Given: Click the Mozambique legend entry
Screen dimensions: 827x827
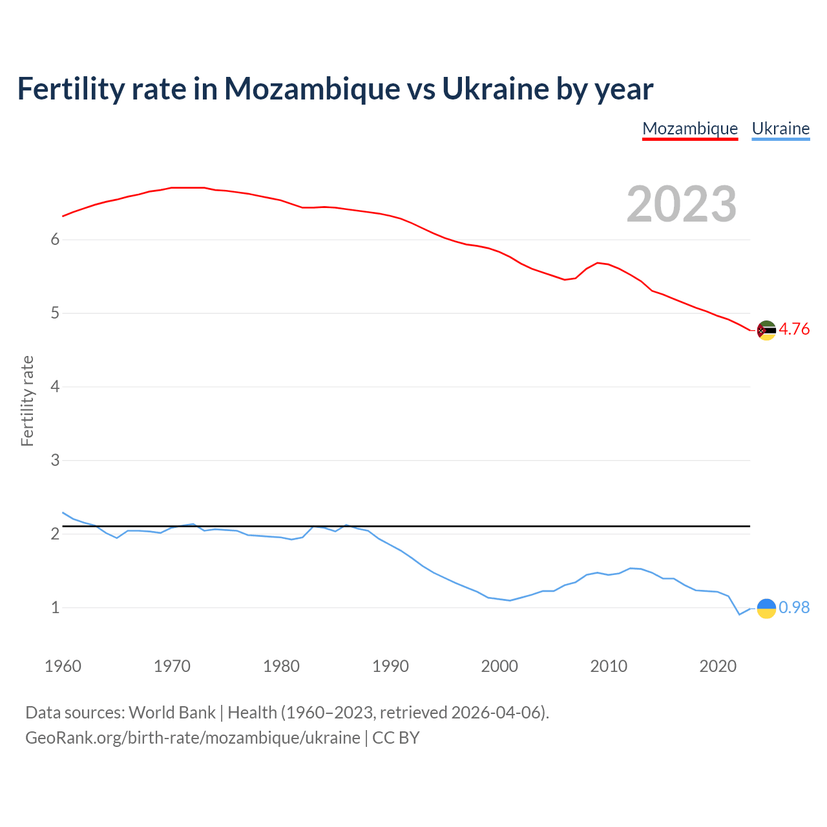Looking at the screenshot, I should pos(690,129).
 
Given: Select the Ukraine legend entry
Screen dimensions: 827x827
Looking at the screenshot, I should pos(780,129).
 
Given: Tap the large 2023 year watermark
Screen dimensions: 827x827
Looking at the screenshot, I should pos(682,204).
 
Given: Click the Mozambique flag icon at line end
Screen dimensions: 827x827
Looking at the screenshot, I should pos(766,330).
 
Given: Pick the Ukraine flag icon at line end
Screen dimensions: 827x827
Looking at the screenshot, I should pos(766,608).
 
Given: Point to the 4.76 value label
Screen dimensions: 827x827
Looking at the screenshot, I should pos(794,329).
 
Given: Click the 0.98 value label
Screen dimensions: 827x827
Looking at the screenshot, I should pos(794,607).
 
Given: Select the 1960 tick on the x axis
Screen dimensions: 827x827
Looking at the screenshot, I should pos(63,666).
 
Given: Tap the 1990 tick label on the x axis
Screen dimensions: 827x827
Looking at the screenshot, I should pos(390,666).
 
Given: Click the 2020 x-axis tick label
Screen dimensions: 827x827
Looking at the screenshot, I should pos(718,666).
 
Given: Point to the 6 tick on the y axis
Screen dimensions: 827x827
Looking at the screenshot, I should pos(55,240).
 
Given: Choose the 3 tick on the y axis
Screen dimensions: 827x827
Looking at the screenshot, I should pos(55,461).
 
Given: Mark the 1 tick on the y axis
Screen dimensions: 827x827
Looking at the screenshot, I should pos(55,608).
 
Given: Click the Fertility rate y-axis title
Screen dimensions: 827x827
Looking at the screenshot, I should pos(27,401).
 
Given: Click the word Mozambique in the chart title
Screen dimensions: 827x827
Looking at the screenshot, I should pos(311,89).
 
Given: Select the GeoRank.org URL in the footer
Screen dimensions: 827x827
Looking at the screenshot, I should pos(193,738).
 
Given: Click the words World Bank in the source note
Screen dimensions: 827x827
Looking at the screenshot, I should pos(172,713).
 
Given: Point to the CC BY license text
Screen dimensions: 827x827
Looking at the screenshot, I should pos(396,738).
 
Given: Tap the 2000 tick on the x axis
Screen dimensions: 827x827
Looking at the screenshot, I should pos(499,666).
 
